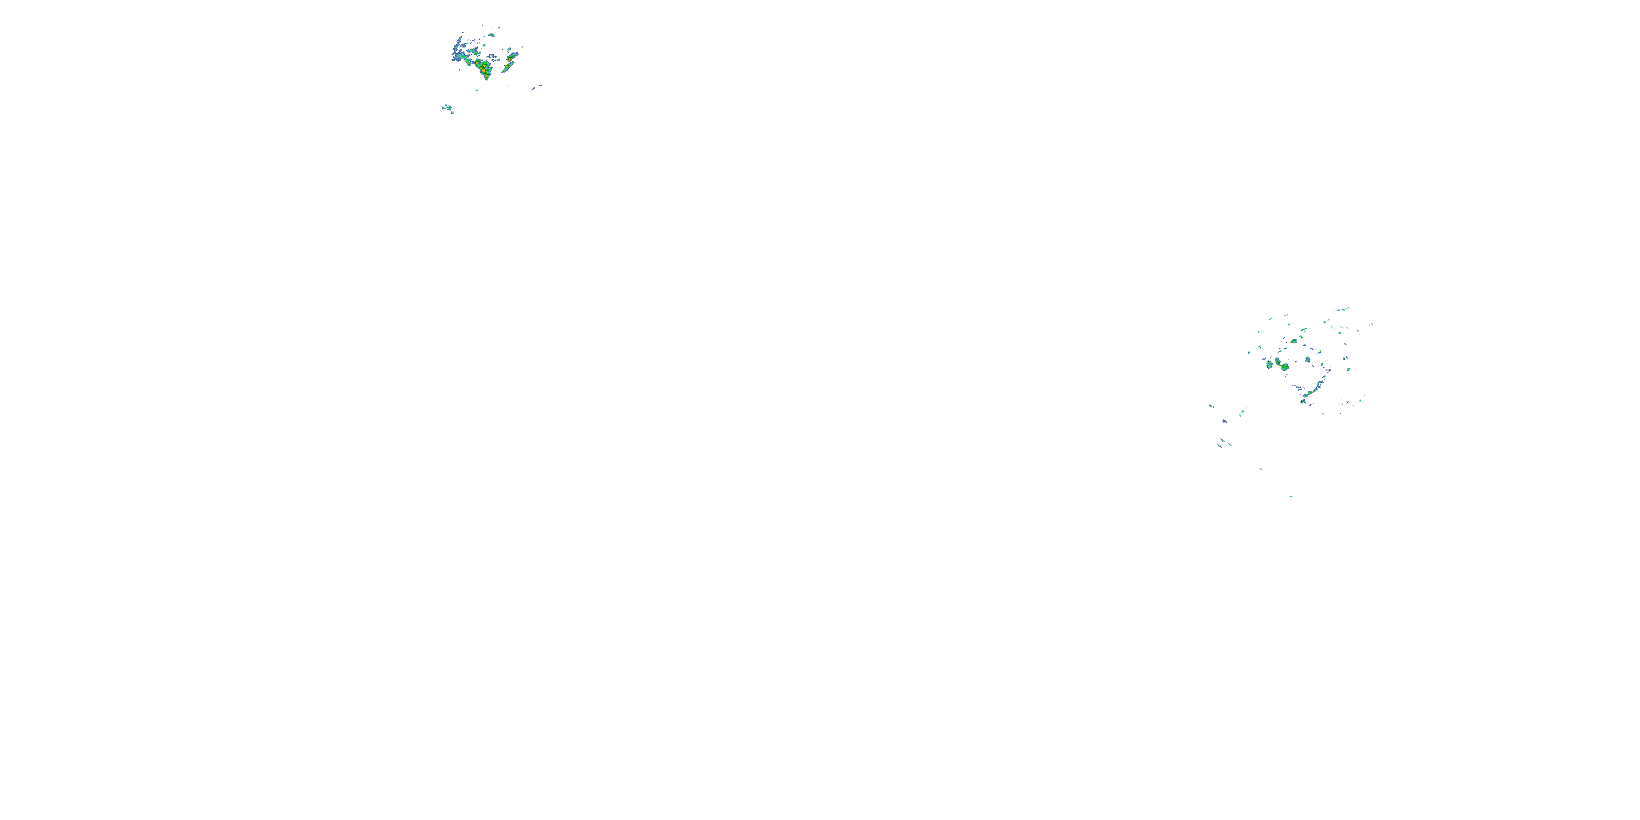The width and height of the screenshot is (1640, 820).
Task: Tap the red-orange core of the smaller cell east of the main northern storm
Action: pyautogui.click(x=510, y=60)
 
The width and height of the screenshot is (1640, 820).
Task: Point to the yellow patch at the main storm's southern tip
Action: pyautogui.click(x=487, y=77)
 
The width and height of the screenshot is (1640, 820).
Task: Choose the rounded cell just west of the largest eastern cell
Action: pyautogui.click(x=1269, y=365)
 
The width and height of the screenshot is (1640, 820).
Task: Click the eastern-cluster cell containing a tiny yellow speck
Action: pyautogui.click(x=1293, y=341)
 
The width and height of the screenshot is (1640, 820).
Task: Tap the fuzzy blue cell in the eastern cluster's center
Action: pyautogui.click(x=1307, y=360)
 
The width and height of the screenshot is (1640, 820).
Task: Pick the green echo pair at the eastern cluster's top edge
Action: pyautogui.click(x=1342, y=310)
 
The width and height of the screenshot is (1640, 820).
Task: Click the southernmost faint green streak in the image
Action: pyautogui.click(x=1291, y=496)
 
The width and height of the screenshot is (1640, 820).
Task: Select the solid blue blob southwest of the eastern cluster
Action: pyautogui.click(x=1225, y=421)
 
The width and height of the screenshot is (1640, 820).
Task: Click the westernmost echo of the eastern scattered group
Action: pyautogui.click(x=1210, y=406)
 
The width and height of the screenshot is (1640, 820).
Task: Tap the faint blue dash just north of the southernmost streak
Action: pyautogui.click(x=1261, y=470)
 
